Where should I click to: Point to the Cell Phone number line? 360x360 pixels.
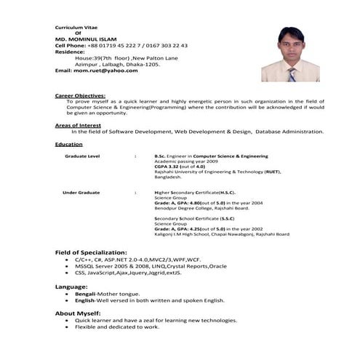pos(121,45)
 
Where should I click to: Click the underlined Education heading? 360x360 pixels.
pos(69,144)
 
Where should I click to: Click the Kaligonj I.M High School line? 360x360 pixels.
pos(221,234)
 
